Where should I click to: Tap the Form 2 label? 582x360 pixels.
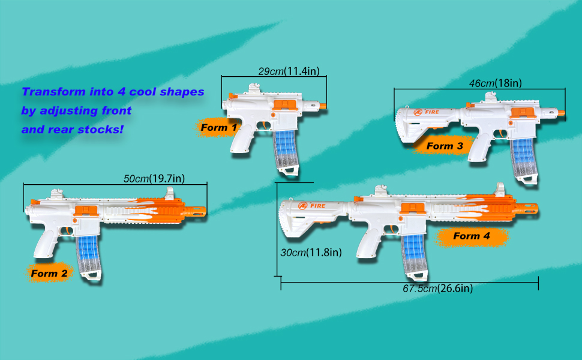pos(49,274)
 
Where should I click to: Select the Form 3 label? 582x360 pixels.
pos(445,146)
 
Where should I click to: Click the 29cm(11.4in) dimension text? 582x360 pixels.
pos(292,71)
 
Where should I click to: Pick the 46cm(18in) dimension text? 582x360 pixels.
pos(495,83)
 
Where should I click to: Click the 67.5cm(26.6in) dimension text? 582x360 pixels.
pos(437,289)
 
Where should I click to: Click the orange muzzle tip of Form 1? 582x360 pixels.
pos(322,107)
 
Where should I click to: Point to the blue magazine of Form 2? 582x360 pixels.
pos(85,247)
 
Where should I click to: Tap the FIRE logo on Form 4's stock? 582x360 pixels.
pos(313,206)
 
